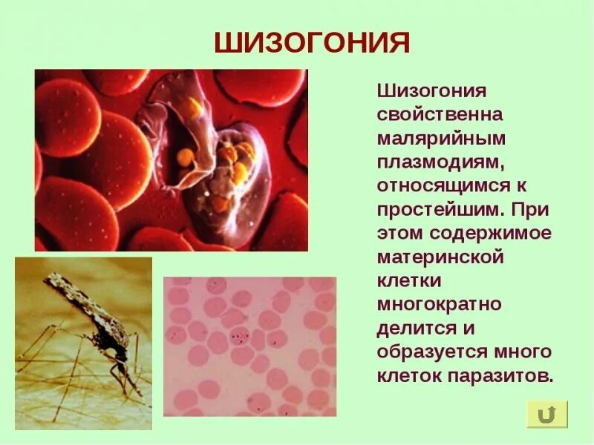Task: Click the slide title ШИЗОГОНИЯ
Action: point(312,42)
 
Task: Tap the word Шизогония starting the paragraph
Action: point(431,92)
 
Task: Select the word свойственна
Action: point(440,116)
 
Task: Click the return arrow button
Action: point(547,414)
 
